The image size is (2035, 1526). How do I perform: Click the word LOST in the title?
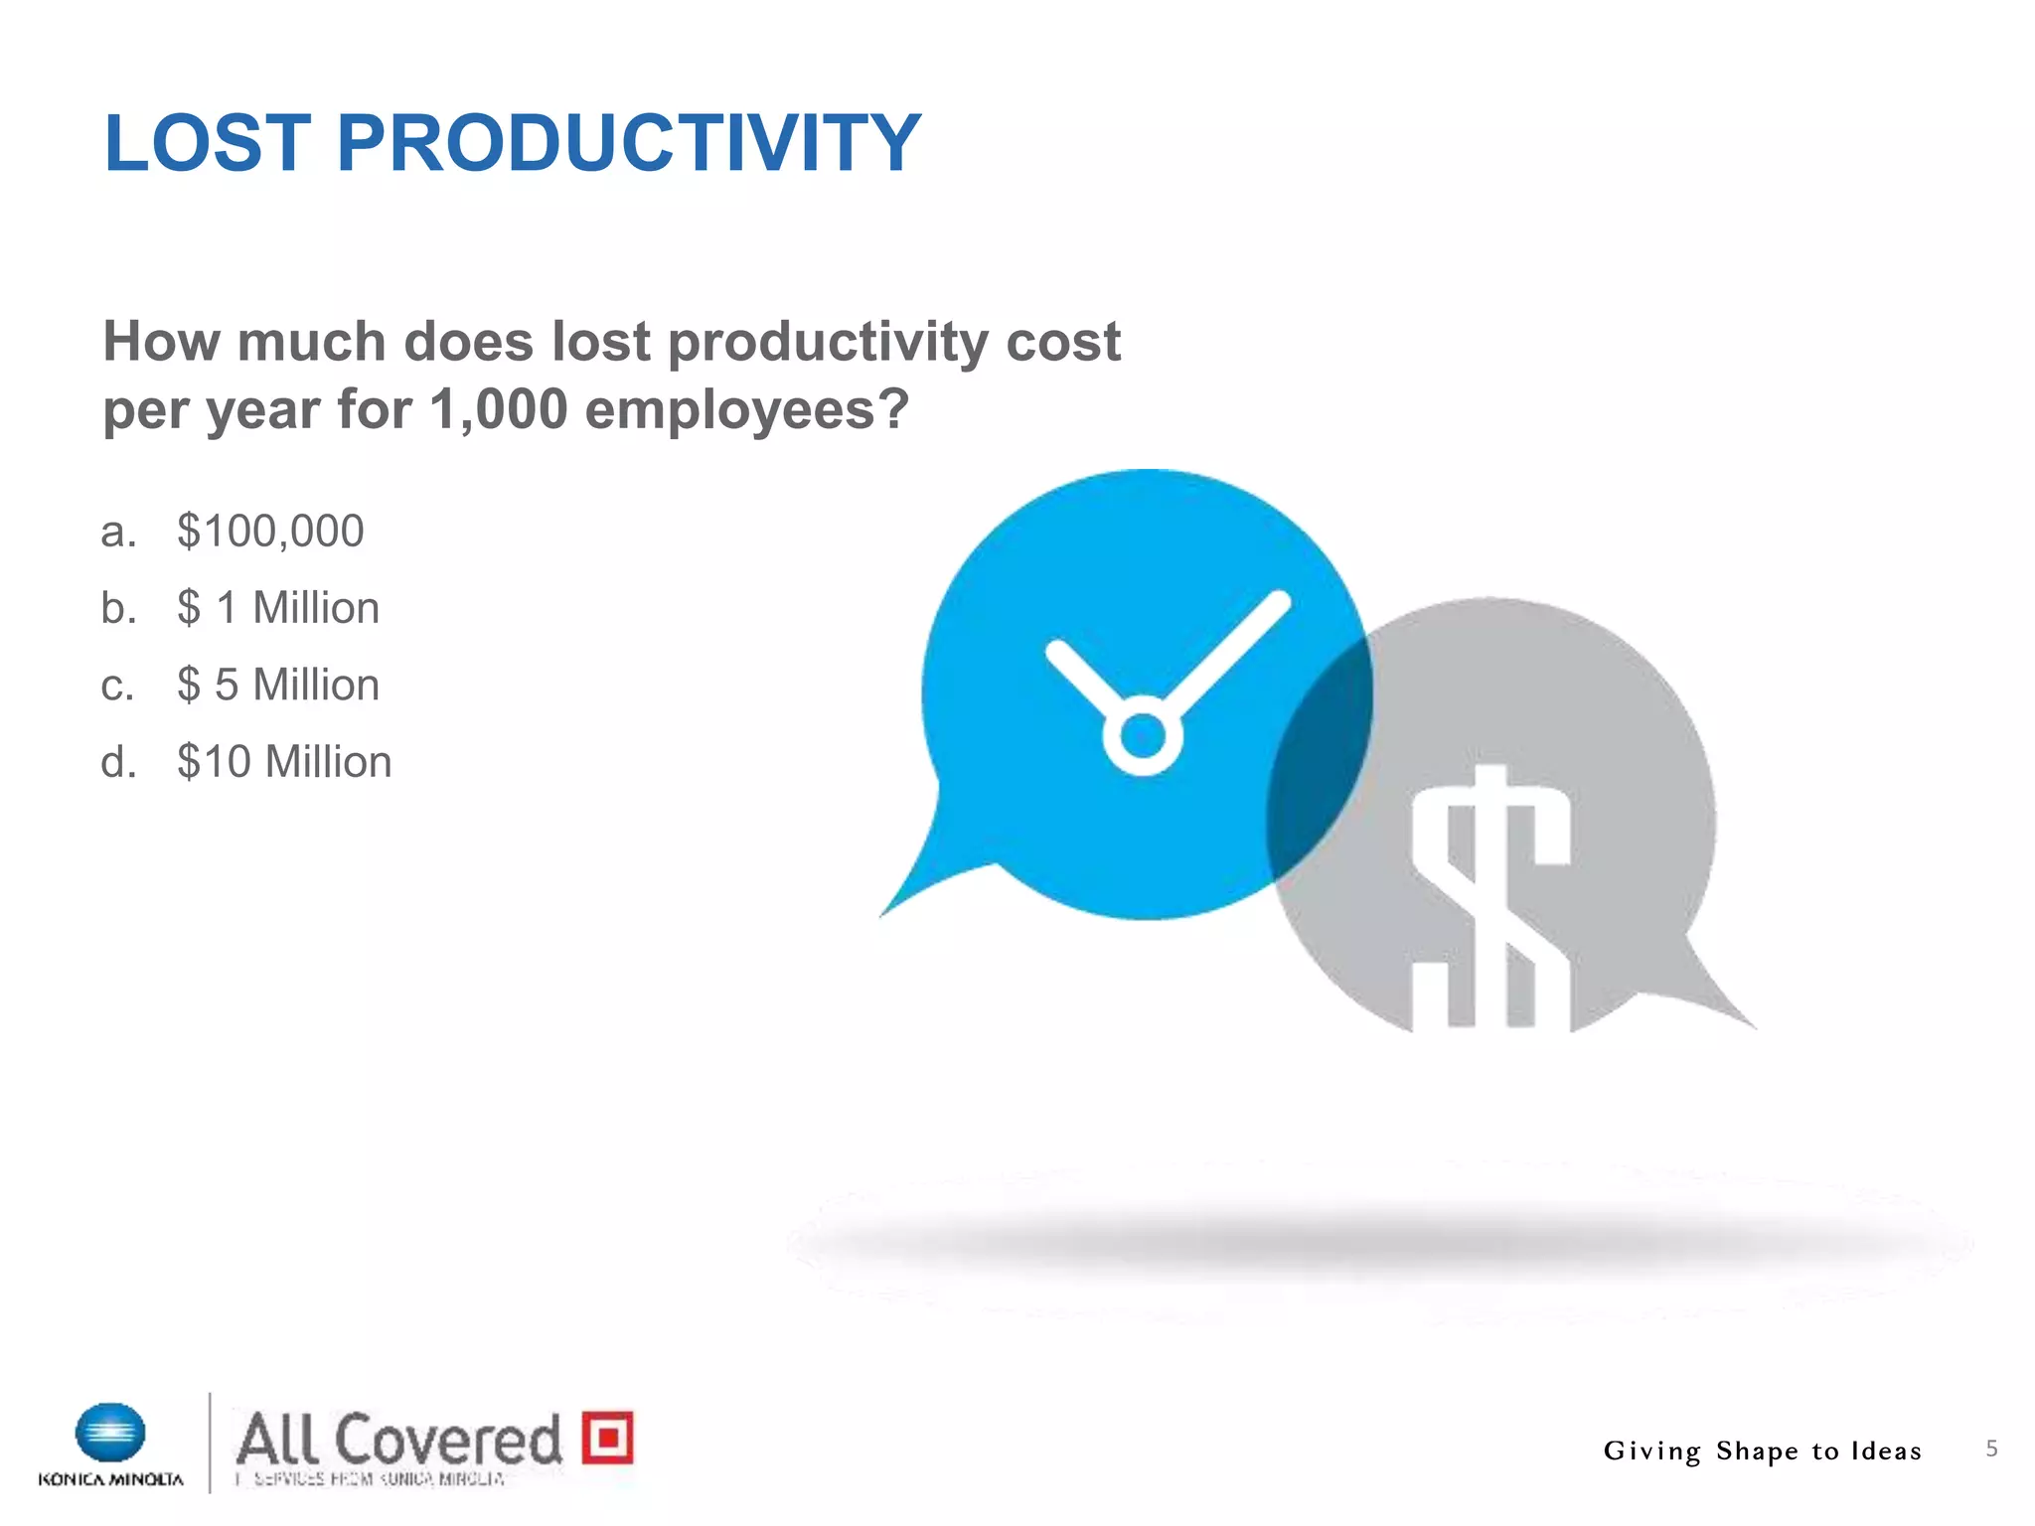[x=207, y=144]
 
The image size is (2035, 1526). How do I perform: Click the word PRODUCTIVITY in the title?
[x=628, y=144]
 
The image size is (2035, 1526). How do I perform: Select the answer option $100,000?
[x=270, y=532]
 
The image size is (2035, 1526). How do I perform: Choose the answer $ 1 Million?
[x=278, y=608]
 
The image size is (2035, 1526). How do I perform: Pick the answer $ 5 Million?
[x=278, y=686]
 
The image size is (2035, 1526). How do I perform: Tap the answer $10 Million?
[x=284, y=762]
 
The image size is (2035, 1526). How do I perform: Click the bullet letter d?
[x=117, y=762]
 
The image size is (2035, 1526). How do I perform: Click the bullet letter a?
[x=117, y=532]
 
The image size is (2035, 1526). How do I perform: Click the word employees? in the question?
[x=746, y=409]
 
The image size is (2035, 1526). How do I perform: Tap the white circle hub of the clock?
[x=1142, y=736]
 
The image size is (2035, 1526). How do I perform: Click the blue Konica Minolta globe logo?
[x=110, y=1433]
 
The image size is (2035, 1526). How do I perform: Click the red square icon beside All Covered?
[x=607, y=1437]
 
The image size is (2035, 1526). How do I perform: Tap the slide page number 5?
[x=1991, y=1449]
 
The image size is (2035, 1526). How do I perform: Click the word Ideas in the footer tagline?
[x=1885, y=1451]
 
